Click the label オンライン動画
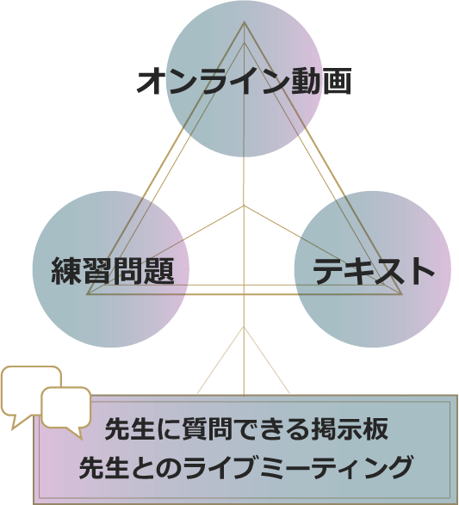click(x=244, y=81)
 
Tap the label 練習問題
click(x=113, y=271)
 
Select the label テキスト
click(x=374, y=271)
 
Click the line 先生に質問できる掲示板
click(x=246, y=429)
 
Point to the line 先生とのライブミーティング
click(x=245, y=467)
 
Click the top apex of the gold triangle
click(x=244, y=22)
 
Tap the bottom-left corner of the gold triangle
click(x=86, y=294)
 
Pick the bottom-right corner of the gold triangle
click(x=402, y=294)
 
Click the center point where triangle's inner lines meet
click(x=244, y=205)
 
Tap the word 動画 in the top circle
click(x=321, y=81)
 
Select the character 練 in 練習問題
click(x=66, y=271)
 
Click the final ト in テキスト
click(x=420, y=271)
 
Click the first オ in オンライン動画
click(x=152, y=81)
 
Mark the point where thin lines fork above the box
click(x=244, y=327)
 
